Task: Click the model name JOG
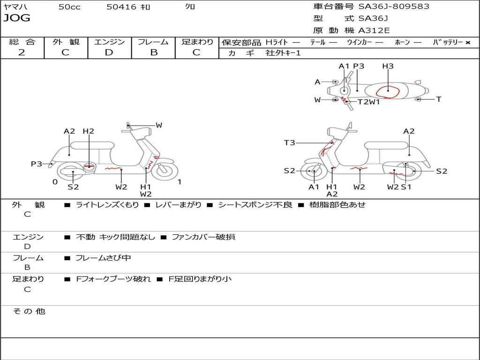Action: pyautogui.click(x=17, y=18)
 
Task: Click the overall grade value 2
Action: pyautogui.click(x=22, y=52)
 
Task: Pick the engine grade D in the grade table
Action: pyautogui.click(x=109, y=52)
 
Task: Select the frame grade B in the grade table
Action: pyautogui.click(x=154, y=52)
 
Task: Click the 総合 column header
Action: pyautogui.click(x=22, y=42)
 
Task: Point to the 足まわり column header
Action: pyautogui.click(x=197, y=42)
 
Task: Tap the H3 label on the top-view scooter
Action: pyautogui.click(x=388, y=66)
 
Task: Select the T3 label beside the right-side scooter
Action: pyautogui.click(x=290, y=142)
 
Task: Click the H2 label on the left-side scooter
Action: pyautogui.click(x=88, y=131)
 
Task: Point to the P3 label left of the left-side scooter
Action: pyautogui.click(x=37, y=164)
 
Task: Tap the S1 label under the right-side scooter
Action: pyautogui.click(x=406, y=187)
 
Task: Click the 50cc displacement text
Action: pyautogui.click(x=69, y=7)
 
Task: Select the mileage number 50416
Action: pyautogui.click(x=121, y=7)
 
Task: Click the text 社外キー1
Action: pyautogui.click(x=283, y=53)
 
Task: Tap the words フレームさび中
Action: pyautogui.click(x=103, y=258)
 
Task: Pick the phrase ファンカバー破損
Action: pyautogui.click(x=203, y=237)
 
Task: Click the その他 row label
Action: pyautogui.click(x=29, y=311)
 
